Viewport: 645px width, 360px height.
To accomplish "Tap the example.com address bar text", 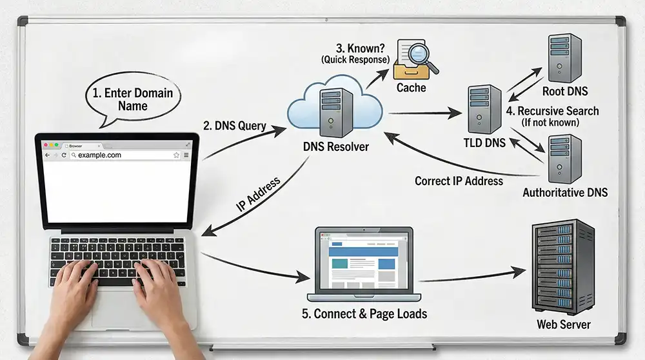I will tap(99, 155).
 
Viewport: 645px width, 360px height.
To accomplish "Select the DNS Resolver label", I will tap(335, 147).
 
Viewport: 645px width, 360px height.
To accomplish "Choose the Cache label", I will tap(412, 87).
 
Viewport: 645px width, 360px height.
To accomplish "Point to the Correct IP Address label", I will tap(459, 181).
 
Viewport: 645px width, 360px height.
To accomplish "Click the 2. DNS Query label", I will tap(235, 126).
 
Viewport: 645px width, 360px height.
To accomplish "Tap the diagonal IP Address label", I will tap(259, 195).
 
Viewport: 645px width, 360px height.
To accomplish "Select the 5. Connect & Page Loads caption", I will tap(364, 314).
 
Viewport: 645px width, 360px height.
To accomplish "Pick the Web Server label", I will tap(563, 325).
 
